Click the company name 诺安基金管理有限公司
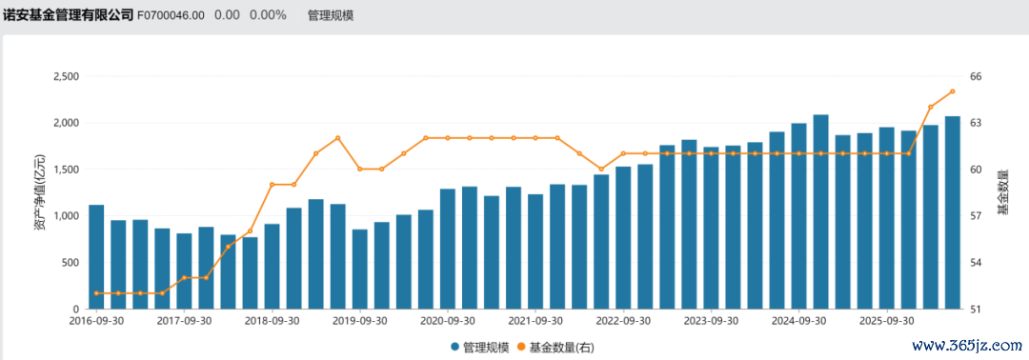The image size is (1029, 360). (68, 14)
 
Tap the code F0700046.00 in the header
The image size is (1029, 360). (171, 15)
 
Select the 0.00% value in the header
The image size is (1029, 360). (268, 15)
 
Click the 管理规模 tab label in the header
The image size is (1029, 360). (331, 15)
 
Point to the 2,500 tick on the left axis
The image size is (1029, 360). (65, 76)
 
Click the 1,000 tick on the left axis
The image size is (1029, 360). (65, 216)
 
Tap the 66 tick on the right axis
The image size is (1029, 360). (976, 76)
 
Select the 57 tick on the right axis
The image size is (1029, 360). (976, 216)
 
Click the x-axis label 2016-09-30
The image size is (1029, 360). (96, 321)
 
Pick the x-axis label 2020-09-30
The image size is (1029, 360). (448, 321)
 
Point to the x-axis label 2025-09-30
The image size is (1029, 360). (887, 321)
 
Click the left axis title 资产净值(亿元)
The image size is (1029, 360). (40, 192)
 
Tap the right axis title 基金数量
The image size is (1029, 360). (1002, 192)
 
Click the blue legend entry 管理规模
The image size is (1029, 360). (479, 347)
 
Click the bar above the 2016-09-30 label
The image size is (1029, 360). (96, 257)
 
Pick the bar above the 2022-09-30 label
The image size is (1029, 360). (623, 238)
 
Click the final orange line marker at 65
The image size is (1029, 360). (952, 91)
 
